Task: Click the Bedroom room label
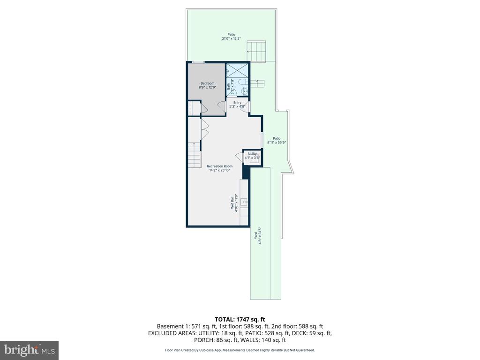(x=207, y=83)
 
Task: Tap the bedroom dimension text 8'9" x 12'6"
(x=207, y=87)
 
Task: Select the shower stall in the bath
(x=238, y=70)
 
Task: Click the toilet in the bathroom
(x=243, y=83)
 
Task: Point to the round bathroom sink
(x=244, y=92)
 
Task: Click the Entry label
(x=237, y=103)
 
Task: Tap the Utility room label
(x=252, y=154)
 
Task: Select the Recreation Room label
(x=219, y=166)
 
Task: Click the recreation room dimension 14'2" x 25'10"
(x=219, y=171)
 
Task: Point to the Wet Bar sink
(x=244, y=202)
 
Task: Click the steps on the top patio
(x=257, y=51)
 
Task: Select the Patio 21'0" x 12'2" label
(x=231, y=37)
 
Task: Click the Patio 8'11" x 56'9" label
(x=277, y=140)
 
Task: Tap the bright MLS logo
(x=29, y=350)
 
